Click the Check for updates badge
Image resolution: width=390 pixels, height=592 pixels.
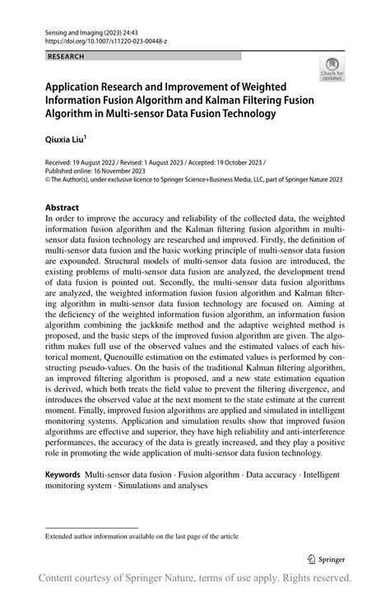pos(332,69)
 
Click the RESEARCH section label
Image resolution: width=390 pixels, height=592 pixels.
pos(67,57)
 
